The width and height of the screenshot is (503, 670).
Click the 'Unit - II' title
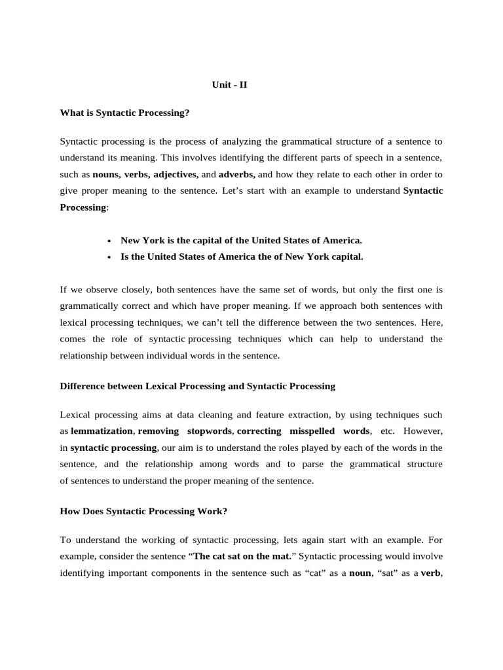(229, 84)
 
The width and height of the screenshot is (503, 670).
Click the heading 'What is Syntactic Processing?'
(124, 113)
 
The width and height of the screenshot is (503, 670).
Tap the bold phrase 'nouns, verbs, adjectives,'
(146, 175)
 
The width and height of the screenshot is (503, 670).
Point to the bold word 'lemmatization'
(102, 431)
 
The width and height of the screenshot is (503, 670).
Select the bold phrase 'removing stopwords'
(185, 431)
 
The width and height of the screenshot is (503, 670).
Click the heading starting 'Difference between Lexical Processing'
(197, 386)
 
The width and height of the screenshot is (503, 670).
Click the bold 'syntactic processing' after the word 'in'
(113, 448)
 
